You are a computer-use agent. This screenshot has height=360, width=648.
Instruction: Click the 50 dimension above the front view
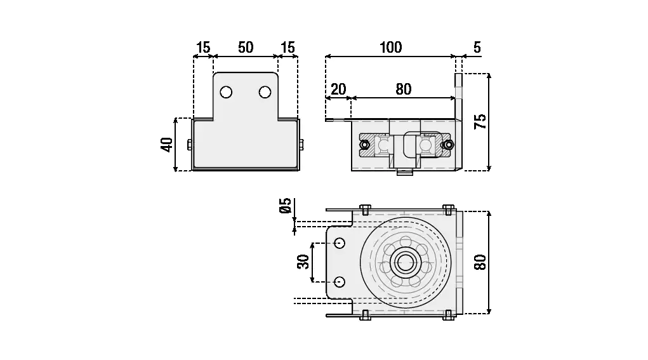point(246,48)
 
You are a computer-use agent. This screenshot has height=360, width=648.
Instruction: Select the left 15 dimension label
point(203,48)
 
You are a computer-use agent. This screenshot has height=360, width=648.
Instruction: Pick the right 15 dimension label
point(288,48)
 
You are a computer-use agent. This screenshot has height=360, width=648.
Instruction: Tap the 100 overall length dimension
point(390,48)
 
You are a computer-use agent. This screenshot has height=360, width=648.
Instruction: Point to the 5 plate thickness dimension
point(477,48)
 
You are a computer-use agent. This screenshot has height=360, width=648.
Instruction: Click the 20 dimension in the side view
point(338,89)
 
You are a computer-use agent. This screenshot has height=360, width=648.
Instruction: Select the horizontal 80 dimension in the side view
point(403,89)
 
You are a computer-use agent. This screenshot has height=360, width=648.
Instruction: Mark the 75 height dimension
point(480,121)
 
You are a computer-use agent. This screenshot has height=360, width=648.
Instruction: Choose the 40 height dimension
point(166,144)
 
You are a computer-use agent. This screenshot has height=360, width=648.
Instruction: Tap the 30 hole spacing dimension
point(303,261)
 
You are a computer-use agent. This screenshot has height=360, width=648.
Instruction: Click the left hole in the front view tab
point(226,93)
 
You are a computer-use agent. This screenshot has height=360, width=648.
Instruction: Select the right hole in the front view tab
point(265,93)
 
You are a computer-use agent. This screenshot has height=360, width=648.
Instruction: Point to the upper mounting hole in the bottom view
point(340,243)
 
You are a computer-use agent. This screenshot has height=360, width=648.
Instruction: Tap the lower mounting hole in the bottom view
point(340,281)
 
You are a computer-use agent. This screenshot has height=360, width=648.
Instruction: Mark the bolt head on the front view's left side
point(190,144)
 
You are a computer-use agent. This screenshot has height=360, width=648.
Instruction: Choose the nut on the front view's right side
point(301,144)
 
